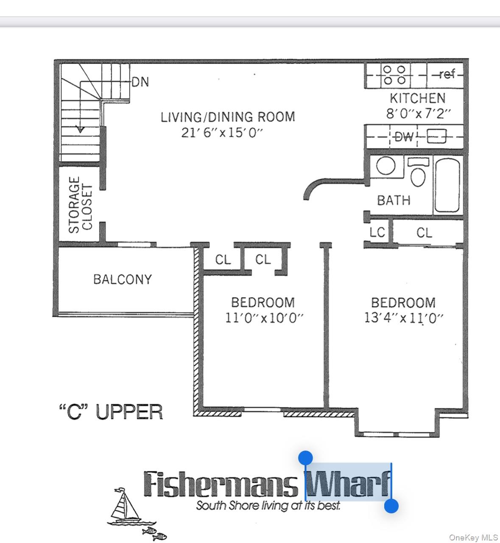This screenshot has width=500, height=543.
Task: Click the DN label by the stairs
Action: [x=140, y=82]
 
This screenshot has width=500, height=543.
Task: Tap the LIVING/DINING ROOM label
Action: [x=227, y=117]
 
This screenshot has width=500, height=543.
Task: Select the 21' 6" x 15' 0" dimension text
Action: [x=222, y=133]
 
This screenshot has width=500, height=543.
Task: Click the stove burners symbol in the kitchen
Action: [x=394, y=75]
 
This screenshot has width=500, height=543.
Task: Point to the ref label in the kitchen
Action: [x=447, y=75]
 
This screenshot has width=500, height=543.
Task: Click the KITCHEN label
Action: [x=417, y=98]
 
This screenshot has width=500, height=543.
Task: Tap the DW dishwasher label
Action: [x=403, y=137]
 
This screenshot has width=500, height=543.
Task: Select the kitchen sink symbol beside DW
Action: [x=436, y=137]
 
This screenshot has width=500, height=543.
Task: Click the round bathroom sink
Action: [x=385, y=166]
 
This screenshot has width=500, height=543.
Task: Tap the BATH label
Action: [x=394, y=200]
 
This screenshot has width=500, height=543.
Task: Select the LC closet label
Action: [x=377, y=232]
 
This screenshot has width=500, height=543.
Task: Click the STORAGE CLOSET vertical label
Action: [x=80, y=205]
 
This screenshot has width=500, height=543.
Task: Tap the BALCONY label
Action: [x=122, y=279]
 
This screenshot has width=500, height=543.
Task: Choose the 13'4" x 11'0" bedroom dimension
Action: [x=403, y=318]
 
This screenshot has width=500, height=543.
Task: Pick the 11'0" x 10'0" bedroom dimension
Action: [x=264, y=318]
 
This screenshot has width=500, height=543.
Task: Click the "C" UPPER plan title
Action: [x=110, y=412]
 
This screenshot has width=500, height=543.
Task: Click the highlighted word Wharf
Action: [x=348, y=484]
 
